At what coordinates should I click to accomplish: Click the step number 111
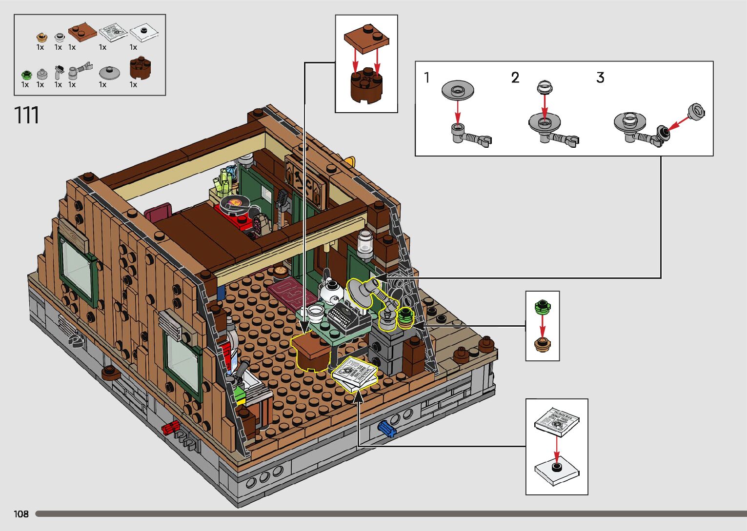click(27, 116)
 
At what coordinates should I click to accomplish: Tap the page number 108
click(21, 514)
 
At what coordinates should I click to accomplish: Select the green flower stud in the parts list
click(26, 75)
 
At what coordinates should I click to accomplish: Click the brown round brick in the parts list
click(141, 70)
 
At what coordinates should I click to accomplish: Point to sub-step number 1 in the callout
click(427, 78)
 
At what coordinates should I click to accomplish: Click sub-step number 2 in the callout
click(515, 78)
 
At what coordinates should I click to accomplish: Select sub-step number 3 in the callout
click(600, 78)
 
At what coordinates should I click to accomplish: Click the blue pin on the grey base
click(386, 428)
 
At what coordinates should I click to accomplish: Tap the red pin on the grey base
click(171, 428)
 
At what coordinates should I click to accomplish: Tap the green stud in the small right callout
click(543, 307)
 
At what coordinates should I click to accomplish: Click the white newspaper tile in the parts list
click(114, 32)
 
